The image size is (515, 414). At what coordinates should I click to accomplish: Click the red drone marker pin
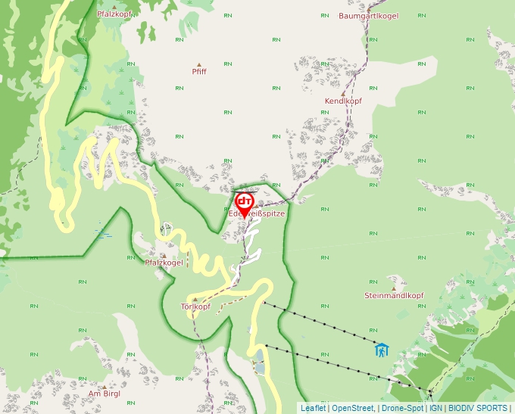point(245,204)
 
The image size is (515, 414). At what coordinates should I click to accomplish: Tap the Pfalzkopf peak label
point(114,14)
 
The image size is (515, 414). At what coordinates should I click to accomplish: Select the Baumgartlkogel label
point(369,15)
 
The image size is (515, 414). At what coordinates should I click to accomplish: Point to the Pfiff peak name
point(199,72)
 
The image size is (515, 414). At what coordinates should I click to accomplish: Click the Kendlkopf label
point(343,101)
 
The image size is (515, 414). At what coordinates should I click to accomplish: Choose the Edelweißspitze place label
point(257,214)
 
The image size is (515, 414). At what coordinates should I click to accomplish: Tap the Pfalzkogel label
point(164,263)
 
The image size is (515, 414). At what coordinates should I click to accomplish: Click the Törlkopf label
point(195,307)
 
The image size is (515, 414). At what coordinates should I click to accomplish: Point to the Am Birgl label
point(105,394)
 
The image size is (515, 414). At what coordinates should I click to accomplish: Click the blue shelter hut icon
point(382,350)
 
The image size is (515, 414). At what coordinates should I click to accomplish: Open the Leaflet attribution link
point(313,408)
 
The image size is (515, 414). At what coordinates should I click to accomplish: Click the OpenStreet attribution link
point(352,408)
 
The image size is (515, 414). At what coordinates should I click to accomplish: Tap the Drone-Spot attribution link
point(402,408)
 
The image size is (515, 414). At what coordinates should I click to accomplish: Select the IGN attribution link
point(435,408)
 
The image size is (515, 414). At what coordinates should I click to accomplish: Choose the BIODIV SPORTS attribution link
point(477,408)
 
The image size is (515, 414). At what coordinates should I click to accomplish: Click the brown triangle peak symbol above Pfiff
point(199,64)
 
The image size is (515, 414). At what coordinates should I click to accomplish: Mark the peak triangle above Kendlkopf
point(342,93)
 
